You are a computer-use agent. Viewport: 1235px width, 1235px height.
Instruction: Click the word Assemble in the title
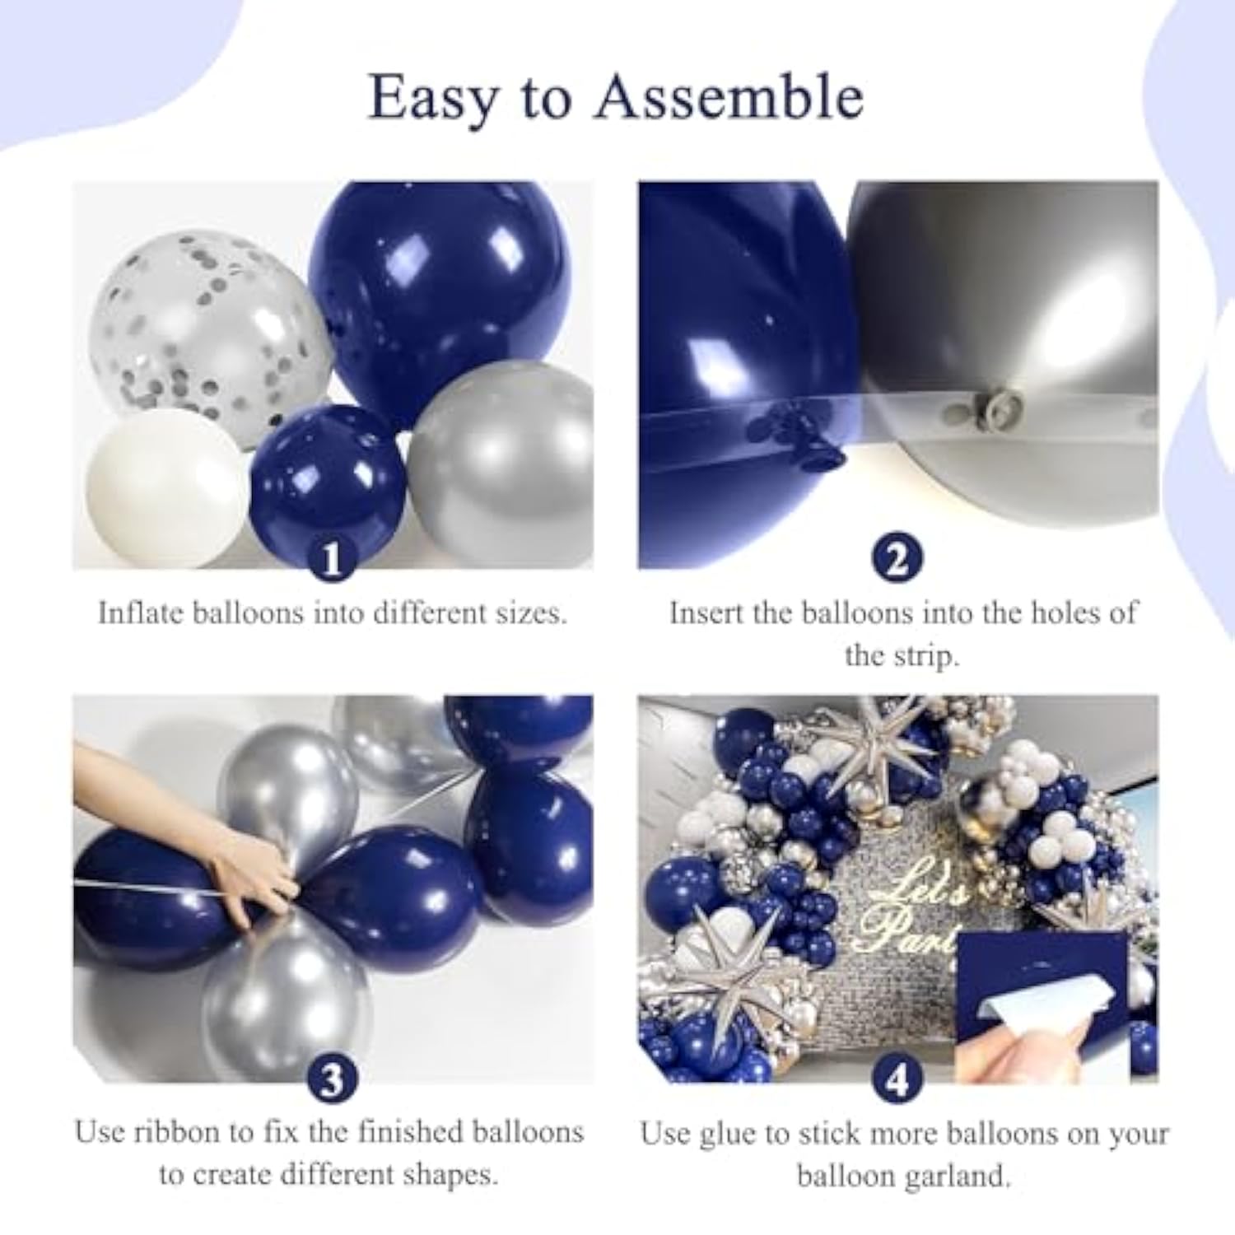coord(729,98)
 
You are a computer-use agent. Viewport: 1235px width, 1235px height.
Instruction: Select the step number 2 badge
coord(897,560)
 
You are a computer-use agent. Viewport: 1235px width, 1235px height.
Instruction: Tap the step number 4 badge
coord(897,1079)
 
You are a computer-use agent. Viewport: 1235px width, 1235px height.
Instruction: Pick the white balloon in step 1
coord(165,486)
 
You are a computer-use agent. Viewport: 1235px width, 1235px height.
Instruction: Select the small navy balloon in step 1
coord(329,478)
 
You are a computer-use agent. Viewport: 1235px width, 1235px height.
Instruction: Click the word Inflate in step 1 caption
coord(140,613)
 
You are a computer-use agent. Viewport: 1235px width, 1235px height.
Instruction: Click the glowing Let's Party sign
coord(914,914)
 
